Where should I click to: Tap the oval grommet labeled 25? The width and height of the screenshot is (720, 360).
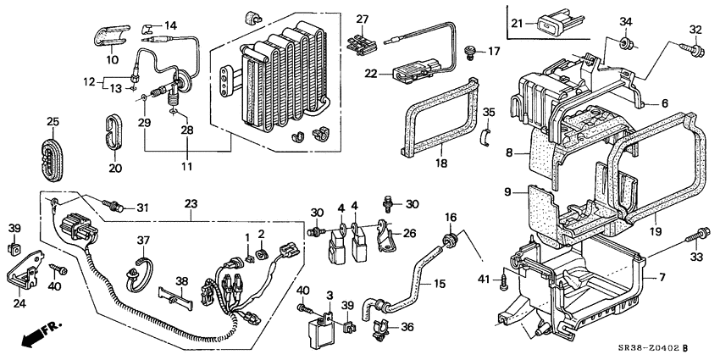click(53, 155)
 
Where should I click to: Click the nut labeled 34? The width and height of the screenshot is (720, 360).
click(626, 43)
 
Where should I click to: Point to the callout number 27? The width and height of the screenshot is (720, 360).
click(363, 19)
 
